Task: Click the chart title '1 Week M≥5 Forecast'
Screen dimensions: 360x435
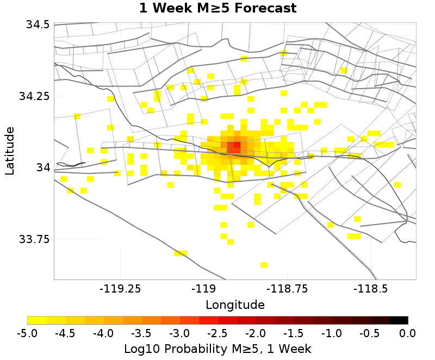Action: pyautogui.click(x=217, y=9)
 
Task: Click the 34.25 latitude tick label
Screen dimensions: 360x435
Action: pyautogui.click(x=34, y=96)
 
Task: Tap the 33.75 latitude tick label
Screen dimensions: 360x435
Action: pyautogui.click(x=34, y=239)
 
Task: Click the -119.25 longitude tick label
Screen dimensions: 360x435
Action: pyautogui.click(x=119, y=289)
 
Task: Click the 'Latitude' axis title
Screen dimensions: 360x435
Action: pyautogui.click(x=10, y=151)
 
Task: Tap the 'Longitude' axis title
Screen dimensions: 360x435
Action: pyautogui.click(x=235, y=305)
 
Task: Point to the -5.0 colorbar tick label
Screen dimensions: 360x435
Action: pyautogui.click(x=27, y=333)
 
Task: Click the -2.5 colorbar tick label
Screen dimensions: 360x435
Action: pyautogui.click(x=217, y=333)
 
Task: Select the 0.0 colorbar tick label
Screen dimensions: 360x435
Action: pyautogui.click(x=408, y=333)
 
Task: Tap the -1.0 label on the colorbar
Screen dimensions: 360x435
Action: pyautogui.click(x=332, y=333)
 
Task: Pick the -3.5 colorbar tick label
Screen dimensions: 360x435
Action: pyautogui.click(x=141, y=333)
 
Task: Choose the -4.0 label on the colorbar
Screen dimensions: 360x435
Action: pyautogui.click(x=103, y=333)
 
